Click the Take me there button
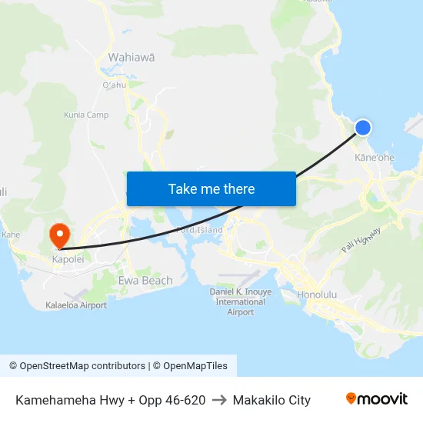[211, 188]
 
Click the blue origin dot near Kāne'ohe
[362, 128]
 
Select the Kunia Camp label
[86, 115]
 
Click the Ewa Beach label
[145, 281]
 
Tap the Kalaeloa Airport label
[76, 305]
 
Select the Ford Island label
[200, 230]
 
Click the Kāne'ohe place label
[375, 158]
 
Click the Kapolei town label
[67, 259]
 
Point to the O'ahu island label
[114, 85]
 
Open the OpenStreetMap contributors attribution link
[77, 366]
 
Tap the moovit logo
[377, 399]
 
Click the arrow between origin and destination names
[219, 400]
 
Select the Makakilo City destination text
[271, 400]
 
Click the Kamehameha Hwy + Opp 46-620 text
[110, 400]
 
